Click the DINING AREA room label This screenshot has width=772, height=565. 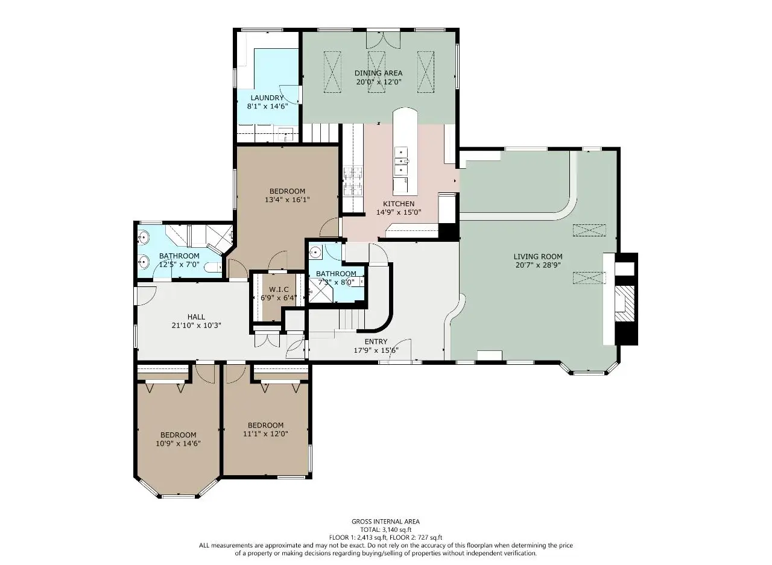pos(378,73)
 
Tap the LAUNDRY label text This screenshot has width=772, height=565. pos(267,98)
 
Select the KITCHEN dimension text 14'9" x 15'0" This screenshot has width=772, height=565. pos(399,212)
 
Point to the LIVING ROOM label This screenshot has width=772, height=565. pos(538,256)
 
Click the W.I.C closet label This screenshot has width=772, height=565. pos(279,289)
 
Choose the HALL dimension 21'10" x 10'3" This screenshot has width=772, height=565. pos(196,325)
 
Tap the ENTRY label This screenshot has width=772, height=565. pos(376,341)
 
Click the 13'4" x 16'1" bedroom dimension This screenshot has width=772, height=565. pos(288,200)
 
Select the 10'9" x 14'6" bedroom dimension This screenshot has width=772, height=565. pos(178,443)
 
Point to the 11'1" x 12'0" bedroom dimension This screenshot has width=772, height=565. pos(266,434)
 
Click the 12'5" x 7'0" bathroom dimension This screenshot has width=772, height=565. pos(179,265)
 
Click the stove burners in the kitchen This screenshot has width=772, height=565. pos(353,181)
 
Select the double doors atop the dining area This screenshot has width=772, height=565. pos(383,40)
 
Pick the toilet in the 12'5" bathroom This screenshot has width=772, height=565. pos(213,267)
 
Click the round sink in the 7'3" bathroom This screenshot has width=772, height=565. pos(315,253)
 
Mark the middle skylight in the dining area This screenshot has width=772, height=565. pos(377,72)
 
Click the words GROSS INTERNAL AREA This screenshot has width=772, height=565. pos(385,522)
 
